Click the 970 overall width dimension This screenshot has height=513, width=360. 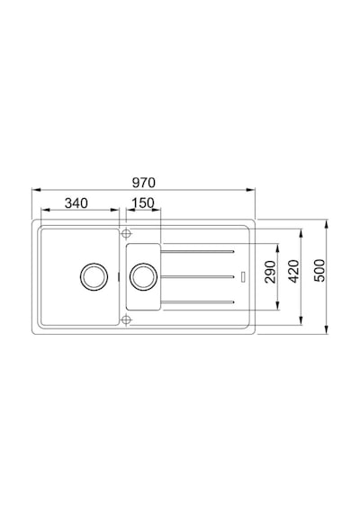144,183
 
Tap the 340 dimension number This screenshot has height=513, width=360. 76,203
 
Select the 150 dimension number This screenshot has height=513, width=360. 143,203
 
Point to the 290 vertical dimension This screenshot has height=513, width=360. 270,272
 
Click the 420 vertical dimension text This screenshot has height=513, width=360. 293,271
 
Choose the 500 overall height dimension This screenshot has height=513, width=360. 319,271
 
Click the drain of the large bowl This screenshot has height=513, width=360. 94,276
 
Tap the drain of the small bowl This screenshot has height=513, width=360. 143,276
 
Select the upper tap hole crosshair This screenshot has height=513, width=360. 126,234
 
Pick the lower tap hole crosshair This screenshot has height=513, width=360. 126,319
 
